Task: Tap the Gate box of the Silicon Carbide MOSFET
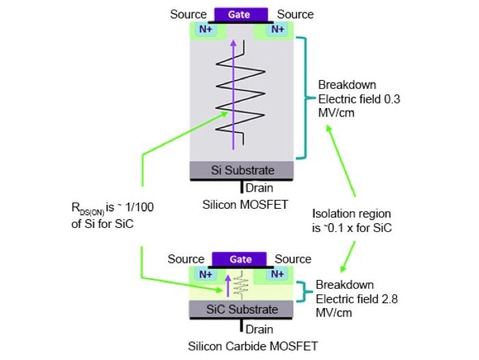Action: (240, 259)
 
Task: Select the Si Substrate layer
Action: (242, 170)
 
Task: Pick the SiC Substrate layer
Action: (242, 309)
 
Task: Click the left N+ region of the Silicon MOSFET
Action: (205, 29)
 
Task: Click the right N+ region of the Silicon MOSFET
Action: (277, 29)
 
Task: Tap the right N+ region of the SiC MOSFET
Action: (277, 274)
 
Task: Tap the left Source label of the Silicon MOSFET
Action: (188, 14)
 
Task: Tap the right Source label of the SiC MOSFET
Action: (294, 259)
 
